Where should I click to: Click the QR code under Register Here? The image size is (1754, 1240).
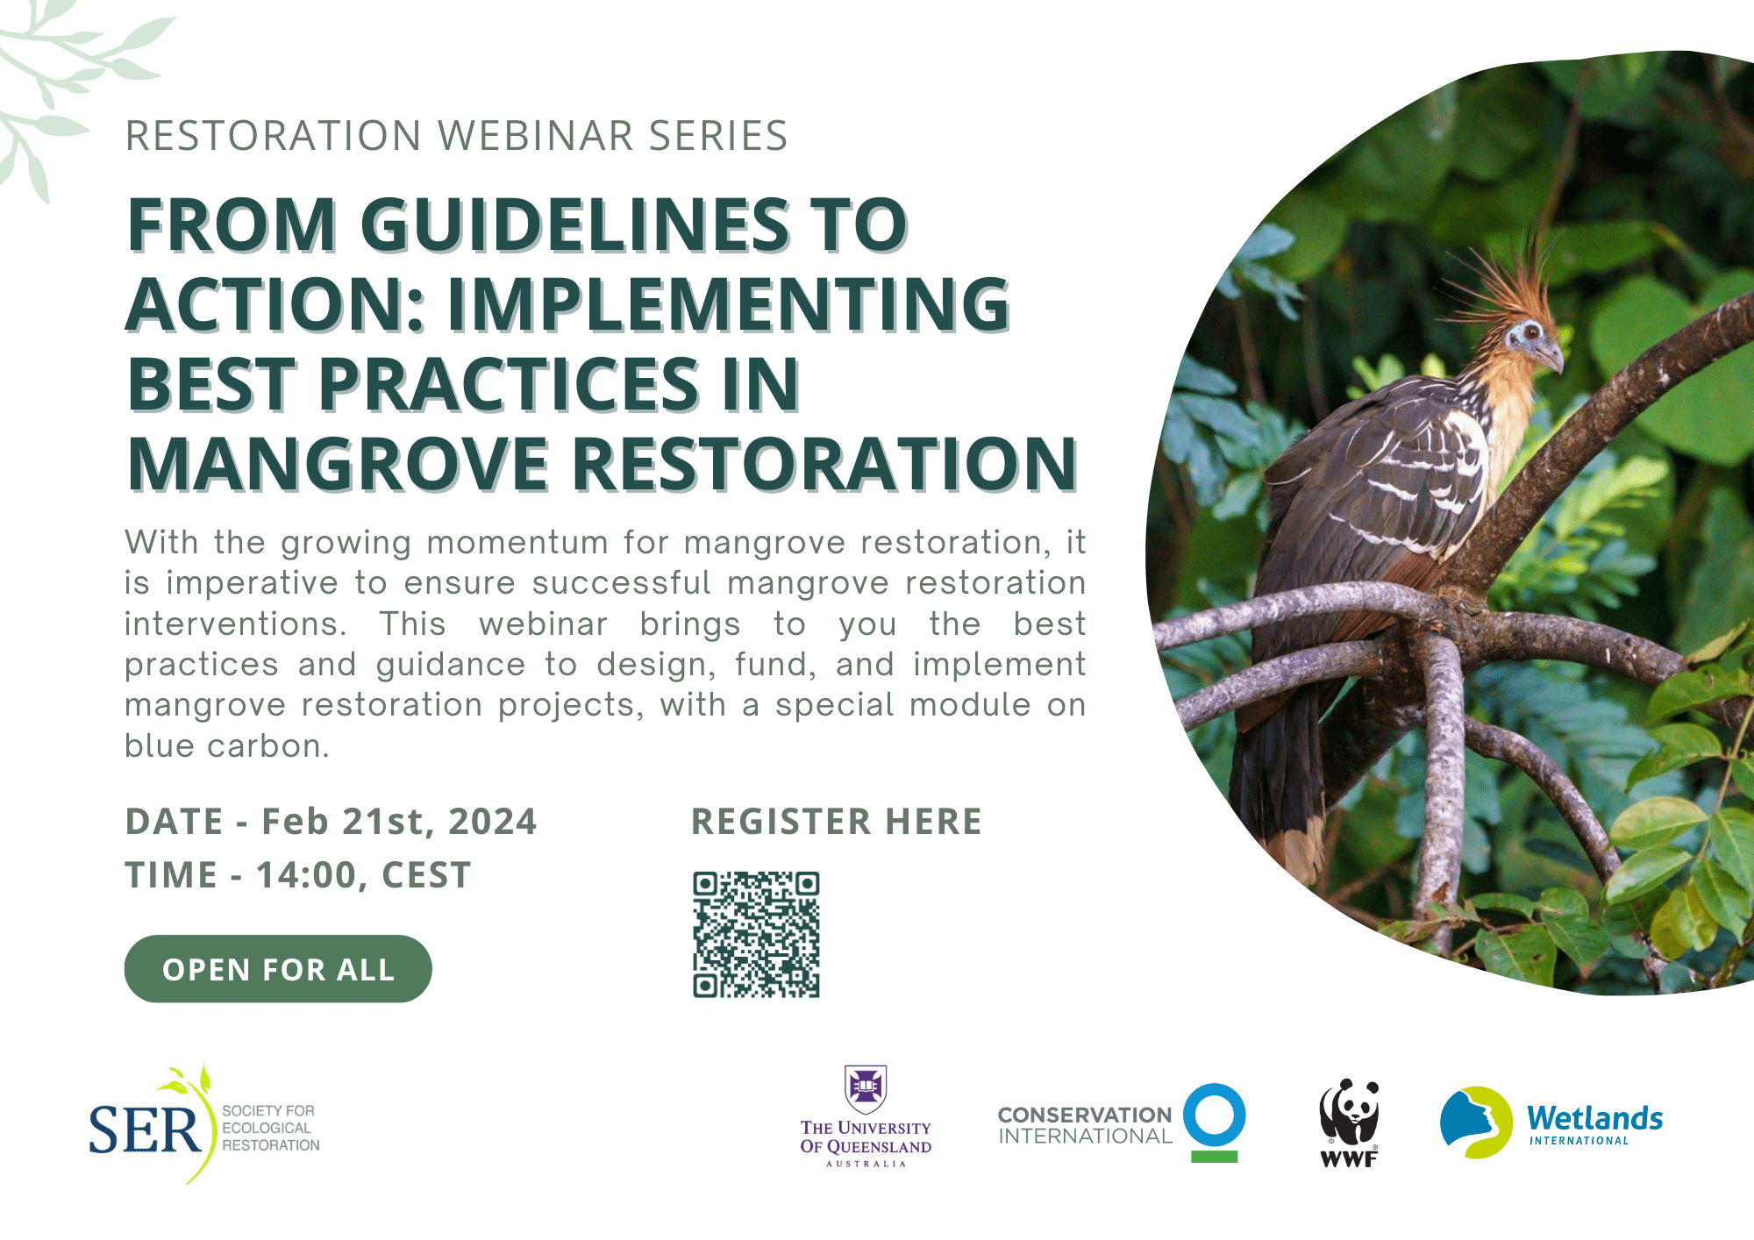click(x=756, y=934)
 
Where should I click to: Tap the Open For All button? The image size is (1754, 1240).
click(x=278, y=969)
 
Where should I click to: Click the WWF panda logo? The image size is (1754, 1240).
click(x=1350, y=1122)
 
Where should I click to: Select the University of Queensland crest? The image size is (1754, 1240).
click(x=866, y=1089)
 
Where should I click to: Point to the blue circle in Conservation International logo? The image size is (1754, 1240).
click(x=1215, y=1115)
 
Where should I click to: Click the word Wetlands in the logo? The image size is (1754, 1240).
click(x=1595, y=1118)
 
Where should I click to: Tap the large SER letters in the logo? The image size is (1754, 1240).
click(x=146, y=1130)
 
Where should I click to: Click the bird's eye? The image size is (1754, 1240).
click(x=1531, y=332)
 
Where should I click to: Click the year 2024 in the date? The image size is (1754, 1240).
click(x=492, y=822)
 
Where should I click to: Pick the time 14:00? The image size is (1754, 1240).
click(x=306, y=875)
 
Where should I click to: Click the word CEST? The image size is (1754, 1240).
click(x=427, y=875)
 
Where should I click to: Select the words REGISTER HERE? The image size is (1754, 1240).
click(x=837, y=822)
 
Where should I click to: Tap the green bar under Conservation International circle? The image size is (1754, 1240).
click(x=1215, y=1157)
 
